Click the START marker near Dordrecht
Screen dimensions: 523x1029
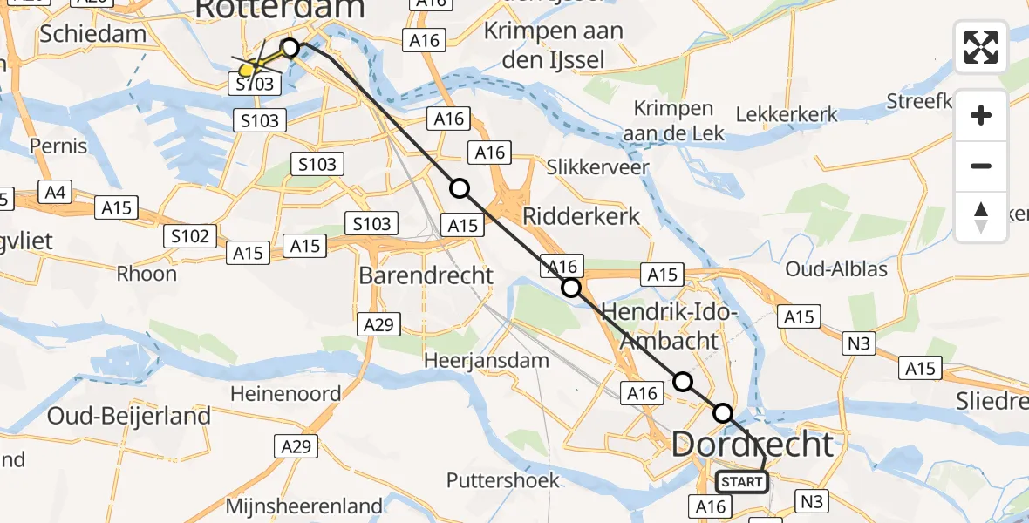point(742,481)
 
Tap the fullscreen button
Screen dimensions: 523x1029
point(981,47)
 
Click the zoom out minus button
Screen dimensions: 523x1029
point(981,166)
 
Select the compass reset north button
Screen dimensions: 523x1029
point(981,217)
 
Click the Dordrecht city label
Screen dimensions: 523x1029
point(753,445)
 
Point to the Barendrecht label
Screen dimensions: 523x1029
point(426,275)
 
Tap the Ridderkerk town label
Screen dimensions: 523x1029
point(581,216)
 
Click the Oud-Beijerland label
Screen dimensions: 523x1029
point(129,417)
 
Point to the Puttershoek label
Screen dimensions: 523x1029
point(502,480)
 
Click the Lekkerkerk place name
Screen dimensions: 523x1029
point(787,114)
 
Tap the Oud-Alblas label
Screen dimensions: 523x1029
point(836,268)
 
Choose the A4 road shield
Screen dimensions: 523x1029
point(55,192)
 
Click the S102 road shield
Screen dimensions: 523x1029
point(190,235)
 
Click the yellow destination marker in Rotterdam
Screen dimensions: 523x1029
point(248,69)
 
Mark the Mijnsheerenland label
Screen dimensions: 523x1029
point(303,506)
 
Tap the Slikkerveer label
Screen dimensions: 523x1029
point(597,166)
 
